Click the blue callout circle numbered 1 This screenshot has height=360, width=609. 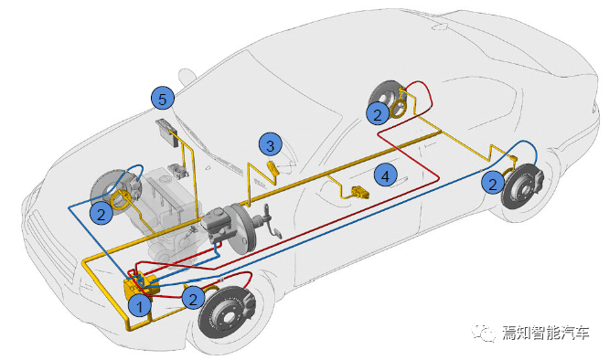coord(140,305)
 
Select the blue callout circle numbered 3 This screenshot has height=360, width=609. coord(271,145)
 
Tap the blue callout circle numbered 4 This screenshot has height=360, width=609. coord(386,176)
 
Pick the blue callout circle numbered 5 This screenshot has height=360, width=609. coord(163,99)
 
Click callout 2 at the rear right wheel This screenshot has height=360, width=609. coord(493,184)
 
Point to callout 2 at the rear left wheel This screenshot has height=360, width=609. coord(378,114)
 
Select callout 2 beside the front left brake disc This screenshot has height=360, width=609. coord(194,298)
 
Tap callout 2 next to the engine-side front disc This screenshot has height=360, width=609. coord(101,213)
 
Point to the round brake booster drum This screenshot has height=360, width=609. coord(240,229)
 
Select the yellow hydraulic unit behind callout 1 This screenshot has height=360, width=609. coord(140,287)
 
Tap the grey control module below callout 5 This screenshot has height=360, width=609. coord(167,132)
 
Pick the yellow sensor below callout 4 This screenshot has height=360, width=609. coord(358,193)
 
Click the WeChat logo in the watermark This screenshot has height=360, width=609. coord(484,332)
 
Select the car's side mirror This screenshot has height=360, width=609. coord(186,76)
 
